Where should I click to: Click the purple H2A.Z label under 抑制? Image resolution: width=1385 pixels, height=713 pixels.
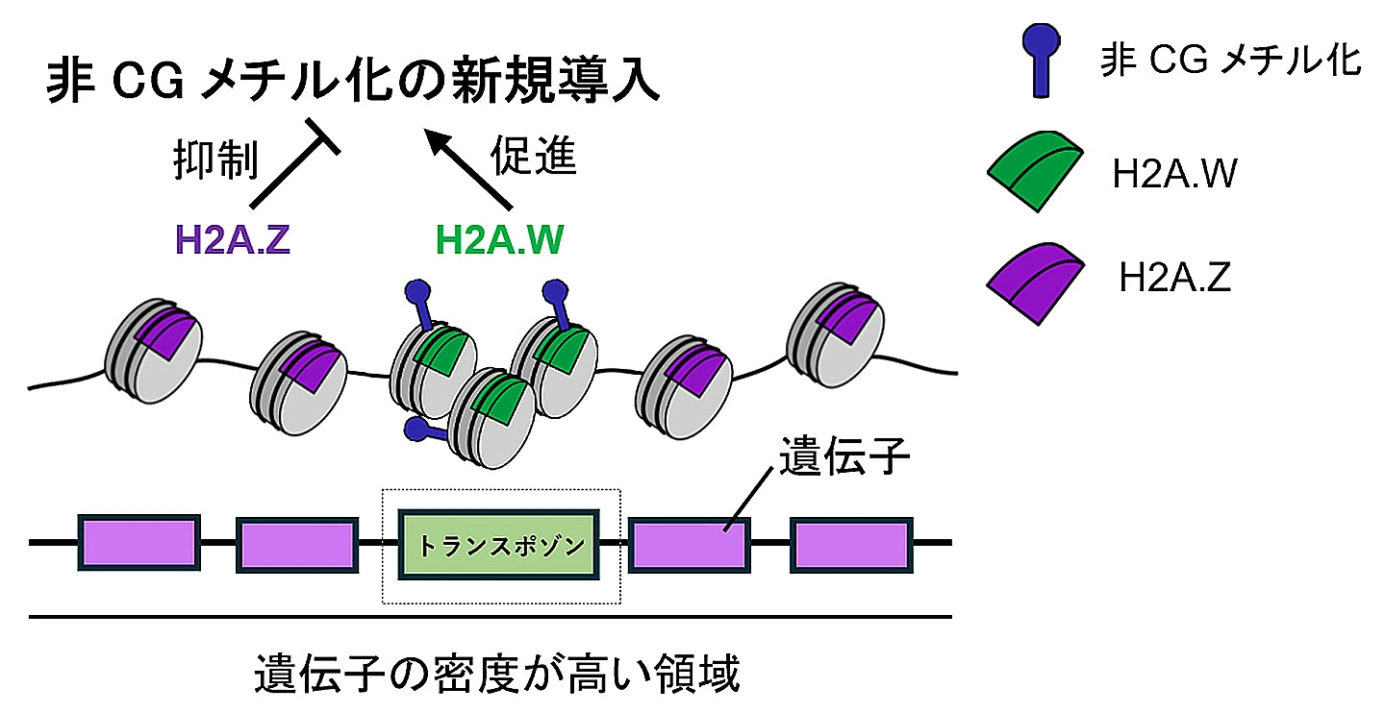pos(233,239)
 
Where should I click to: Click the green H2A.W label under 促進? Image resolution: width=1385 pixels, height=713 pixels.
pos(499,239)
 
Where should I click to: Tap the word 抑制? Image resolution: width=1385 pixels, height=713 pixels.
pos(215,160)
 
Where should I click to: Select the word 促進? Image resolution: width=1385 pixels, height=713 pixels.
pos(533,155)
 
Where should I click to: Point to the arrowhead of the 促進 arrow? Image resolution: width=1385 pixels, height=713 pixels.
pos(433,137)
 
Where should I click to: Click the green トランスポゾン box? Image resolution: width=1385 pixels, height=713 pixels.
pos(499,544)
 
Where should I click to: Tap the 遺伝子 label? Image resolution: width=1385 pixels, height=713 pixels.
pos(844,456)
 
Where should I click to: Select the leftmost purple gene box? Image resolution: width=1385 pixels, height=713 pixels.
pos(139,543)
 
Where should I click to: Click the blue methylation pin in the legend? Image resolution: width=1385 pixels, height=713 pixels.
pos(1042,61)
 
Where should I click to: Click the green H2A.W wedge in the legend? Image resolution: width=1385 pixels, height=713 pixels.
pos(1035,171)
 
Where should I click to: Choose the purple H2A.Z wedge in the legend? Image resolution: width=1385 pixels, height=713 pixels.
pos(1035,283)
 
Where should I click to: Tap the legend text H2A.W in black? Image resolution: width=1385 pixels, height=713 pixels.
pos(1174,174)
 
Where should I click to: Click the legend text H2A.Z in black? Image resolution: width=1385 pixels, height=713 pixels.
pos(1174,277)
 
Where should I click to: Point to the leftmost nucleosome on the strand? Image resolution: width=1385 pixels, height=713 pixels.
pos(153,351)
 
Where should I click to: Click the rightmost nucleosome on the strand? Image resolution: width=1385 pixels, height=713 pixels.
pos(835,334)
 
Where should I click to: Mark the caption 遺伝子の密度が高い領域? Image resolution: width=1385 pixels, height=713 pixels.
pos(497,674)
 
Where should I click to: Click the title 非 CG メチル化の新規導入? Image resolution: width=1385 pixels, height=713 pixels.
pos(353,81)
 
